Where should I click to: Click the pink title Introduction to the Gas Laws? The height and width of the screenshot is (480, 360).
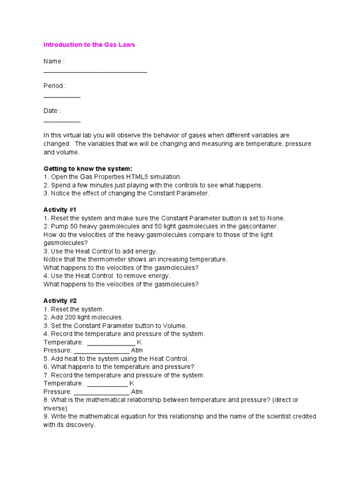[89, 45]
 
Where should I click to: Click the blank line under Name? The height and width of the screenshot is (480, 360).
[95, 72]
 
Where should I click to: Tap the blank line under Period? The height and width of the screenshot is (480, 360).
[62, 97]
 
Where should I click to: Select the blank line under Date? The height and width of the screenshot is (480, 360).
[62, 121]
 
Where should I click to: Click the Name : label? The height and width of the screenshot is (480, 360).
[54, 61]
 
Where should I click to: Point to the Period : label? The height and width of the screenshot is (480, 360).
[55, 86]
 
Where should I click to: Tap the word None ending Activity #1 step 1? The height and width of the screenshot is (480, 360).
[276, 218]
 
